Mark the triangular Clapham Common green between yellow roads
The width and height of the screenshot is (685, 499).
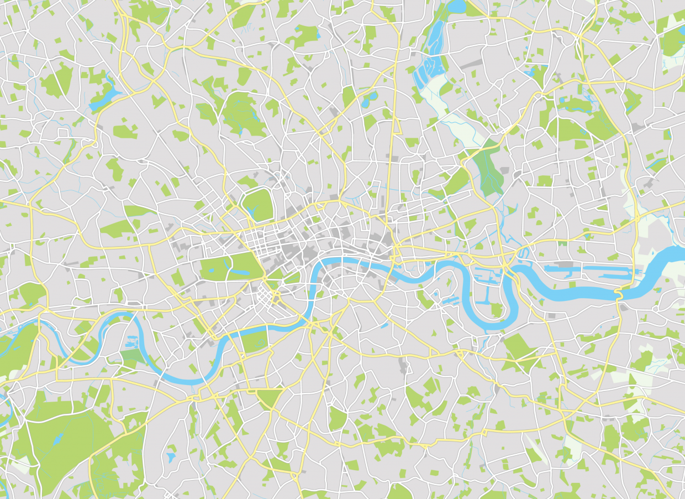click(x=270, y=397)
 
